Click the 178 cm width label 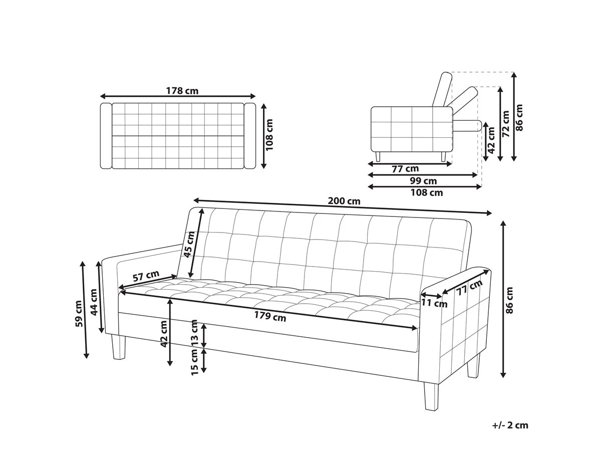(182, 91)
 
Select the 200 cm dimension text (344, 201)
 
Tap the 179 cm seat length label (270, 317)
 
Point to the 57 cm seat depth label (146, 276)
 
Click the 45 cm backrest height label (189, 244)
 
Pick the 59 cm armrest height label (79, 314)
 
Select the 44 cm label (94, 302)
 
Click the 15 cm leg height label (194, 362)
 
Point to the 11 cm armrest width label (434, 303)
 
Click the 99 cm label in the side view (423, 181)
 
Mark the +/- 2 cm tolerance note (510, 425)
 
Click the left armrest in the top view (106, 136)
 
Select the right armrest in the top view (250, 136)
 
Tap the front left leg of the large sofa (119, 347)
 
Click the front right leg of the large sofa (431, 392)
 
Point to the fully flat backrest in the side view (467, 126)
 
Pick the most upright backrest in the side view (442, 89)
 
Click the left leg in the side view (378, 156)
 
